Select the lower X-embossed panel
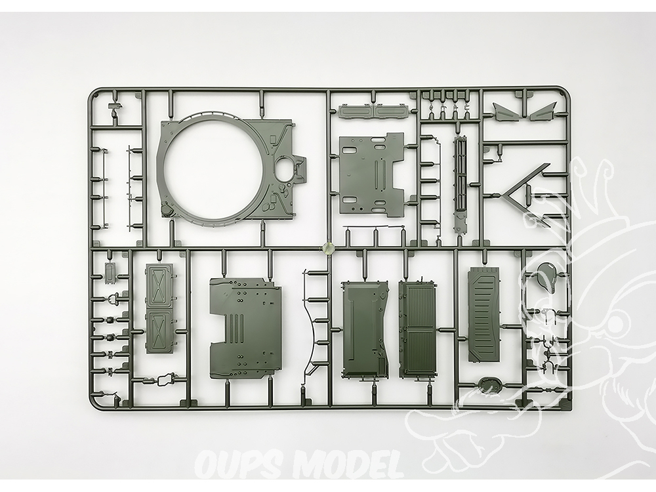click(x=159, y=331)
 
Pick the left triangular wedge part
click(x=504, y=111)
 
